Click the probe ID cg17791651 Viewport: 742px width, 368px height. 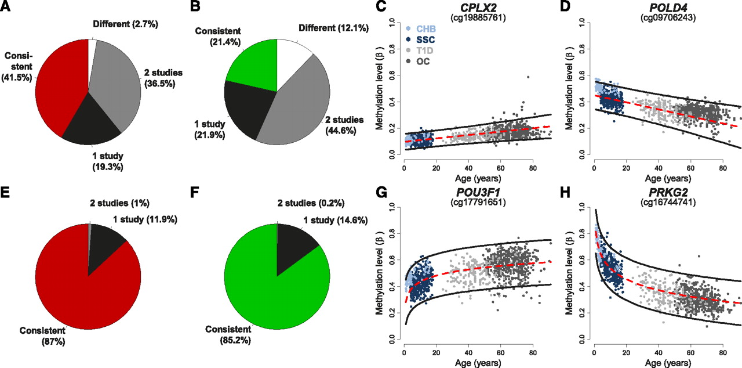[x=478, y=202]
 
